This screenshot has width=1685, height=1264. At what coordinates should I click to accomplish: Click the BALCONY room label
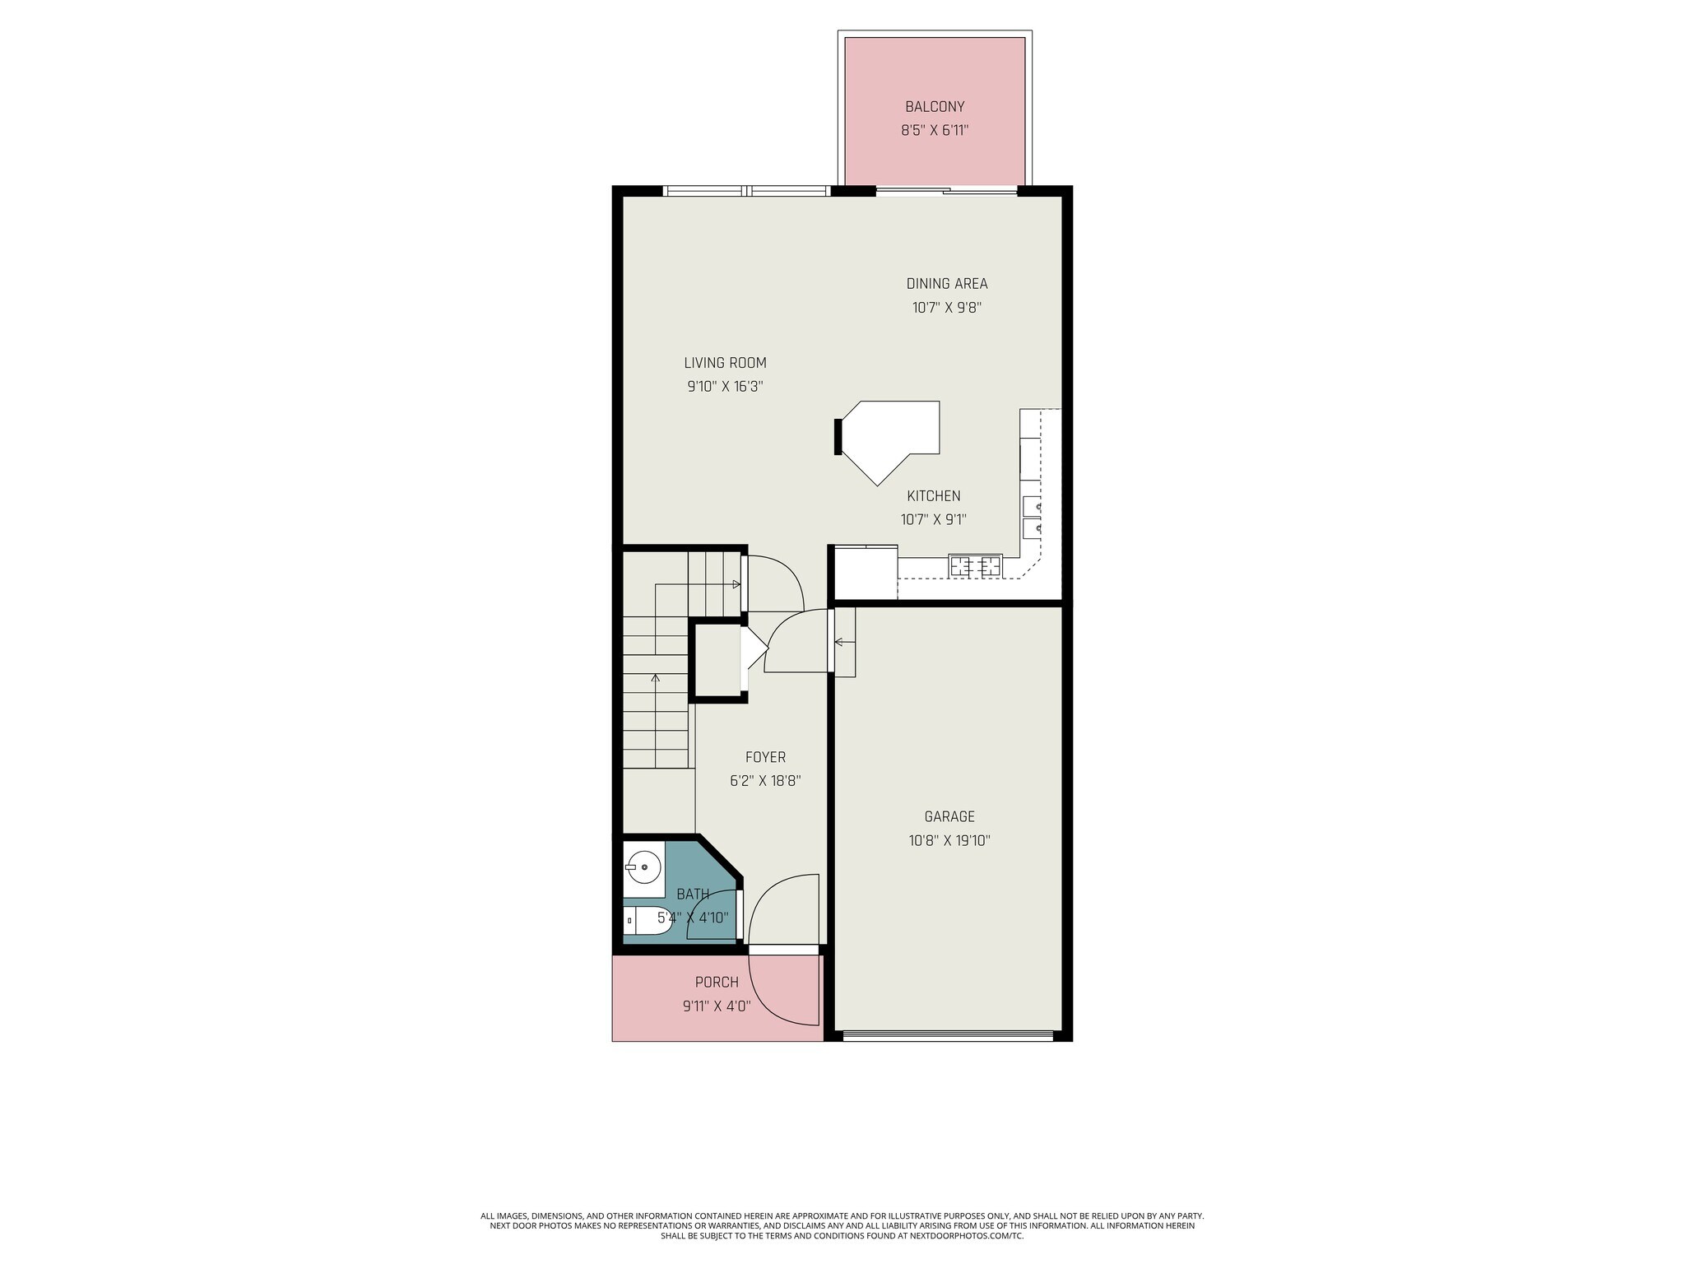[935, 106]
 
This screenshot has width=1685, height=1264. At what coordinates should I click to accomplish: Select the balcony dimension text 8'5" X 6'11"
[935, 130]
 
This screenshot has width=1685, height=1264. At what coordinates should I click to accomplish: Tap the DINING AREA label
[946, 284]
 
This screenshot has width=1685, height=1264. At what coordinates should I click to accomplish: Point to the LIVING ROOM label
[725, 363]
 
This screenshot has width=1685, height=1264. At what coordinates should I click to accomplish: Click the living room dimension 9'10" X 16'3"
[725, 387]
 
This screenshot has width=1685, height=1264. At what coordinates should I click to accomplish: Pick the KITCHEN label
[933, 496]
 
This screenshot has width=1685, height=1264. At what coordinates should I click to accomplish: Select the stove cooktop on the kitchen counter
[975, 565]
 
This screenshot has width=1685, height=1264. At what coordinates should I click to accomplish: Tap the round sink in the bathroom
[644, 866]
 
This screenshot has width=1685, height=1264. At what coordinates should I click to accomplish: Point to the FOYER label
[765, 757]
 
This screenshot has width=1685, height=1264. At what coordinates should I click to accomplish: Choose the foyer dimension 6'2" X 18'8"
[765, 781]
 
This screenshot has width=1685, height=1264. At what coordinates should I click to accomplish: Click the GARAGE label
[949, 816]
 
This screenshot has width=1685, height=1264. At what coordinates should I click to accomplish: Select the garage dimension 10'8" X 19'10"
[949, 841]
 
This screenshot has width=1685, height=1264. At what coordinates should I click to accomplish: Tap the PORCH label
[717, 982]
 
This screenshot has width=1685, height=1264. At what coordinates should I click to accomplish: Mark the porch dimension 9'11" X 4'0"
[717, 1006]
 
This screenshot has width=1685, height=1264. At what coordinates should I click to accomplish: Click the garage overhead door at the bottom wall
[948, 1035]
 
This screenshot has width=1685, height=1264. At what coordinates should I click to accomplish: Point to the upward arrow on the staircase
[656, 679]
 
